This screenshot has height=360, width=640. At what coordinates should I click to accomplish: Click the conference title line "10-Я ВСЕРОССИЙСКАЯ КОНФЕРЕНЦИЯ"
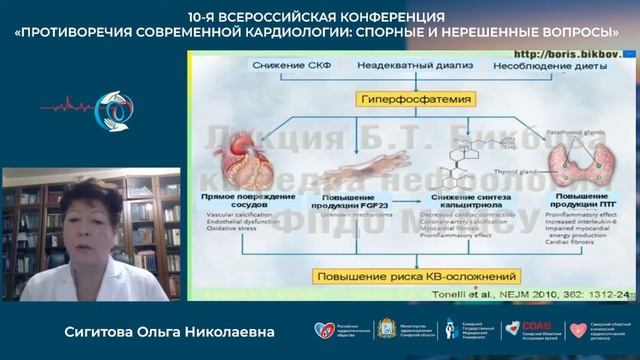point(319,17)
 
